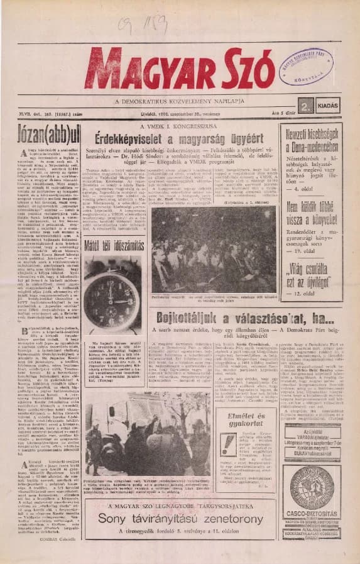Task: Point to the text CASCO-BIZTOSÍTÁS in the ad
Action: [312, 514]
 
